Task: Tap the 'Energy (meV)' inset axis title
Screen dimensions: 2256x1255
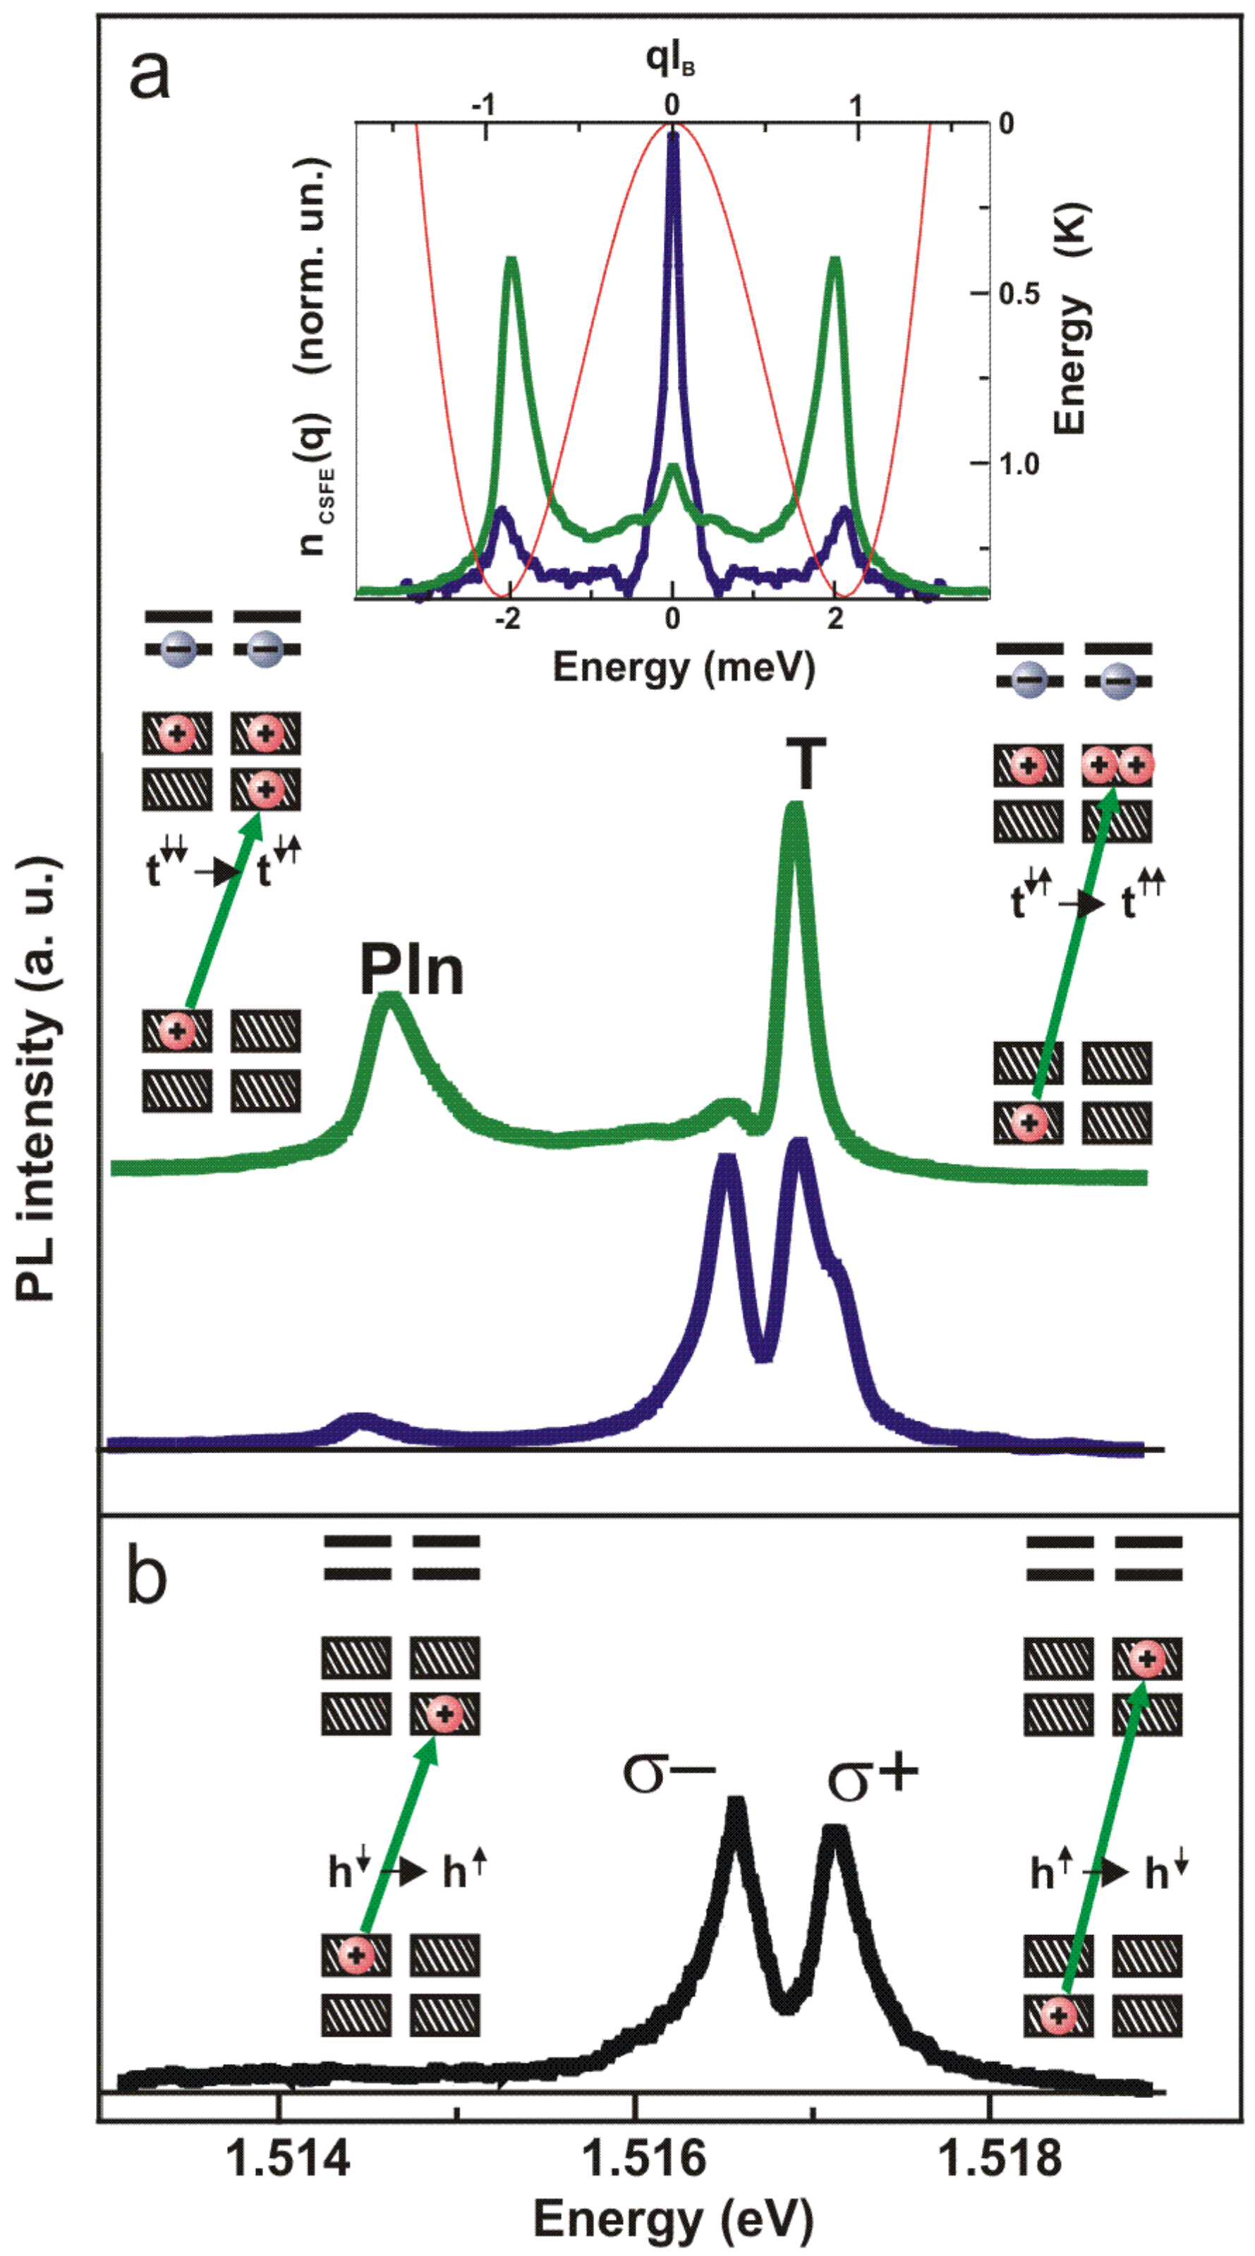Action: click(x=683, y=667)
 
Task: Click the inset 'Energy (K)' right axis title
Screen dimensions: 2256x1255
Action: click(x=1069, y=319)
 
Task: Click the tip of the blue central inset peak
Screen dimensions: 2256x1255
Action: click(x=672, y=135)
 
